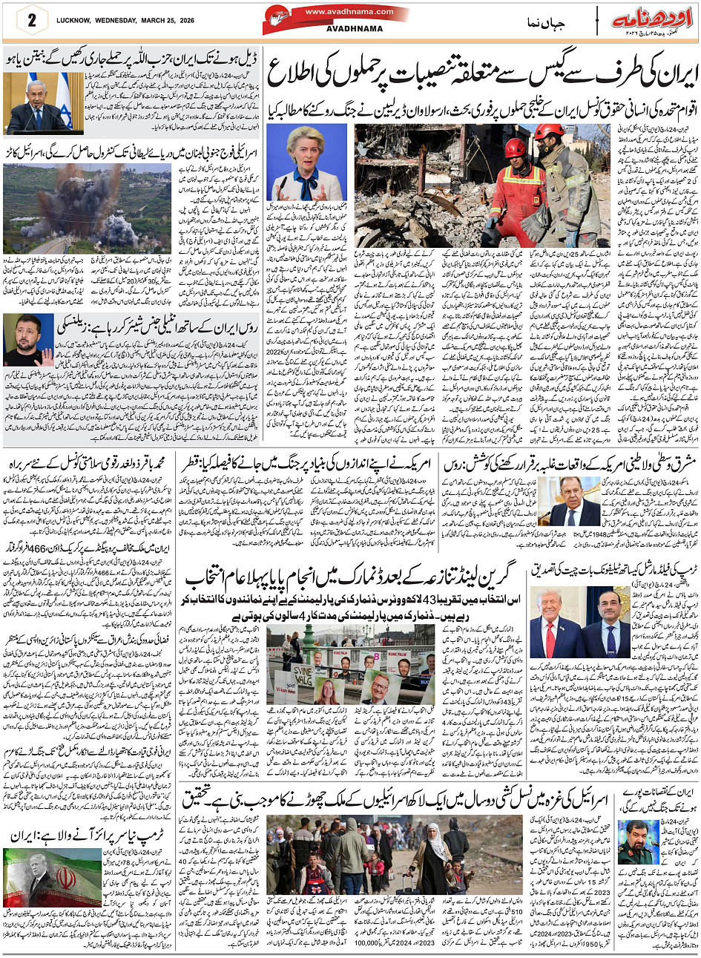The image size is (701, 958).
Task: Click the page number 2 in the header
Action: click(31, 20)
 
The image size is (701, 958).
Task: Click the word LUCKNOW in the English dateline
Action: click(76, 20)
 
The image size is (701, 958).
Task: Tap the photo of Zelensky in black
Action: click(28, 340)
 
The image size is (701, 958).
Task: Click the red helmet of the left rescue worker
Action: click(516, 148)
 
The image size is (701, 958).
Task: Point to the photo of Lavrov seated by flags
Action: click(569, 502)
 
